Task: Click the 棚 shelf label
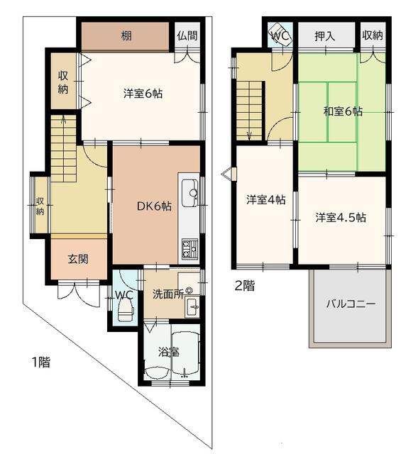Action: [x=126, y=36]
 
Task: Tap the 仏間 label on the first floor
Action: [x=187, y=35]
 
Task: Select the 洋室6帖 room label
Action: [x=143, y=94]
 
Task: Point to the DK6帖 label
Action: [x=154, y=206]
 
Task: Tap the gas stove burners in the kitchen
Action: [x=189, y=249]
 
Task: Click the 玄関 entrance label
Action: [x=78, y=259]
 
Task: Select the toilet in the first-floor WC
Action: [x=126, y=310]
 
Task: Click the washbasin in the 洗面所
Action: [x=192, y=306]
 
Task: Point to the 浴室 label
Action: [x=169, y=352]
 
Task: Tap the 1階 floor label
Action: [x=41, y=362]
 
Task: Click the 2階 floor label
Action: [x=245, y=286]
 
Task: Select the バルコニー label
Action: [x=351, y=304]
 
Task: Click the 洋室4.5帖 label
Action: [x=341, y=218]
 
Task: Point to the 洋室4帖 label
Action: [x=266, y=200]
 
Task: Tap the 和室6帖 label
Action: [x=343, y=111]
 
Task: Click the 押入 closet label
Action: [x=325, y=36]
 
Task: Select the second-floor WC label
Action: [x=280, y=35]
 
